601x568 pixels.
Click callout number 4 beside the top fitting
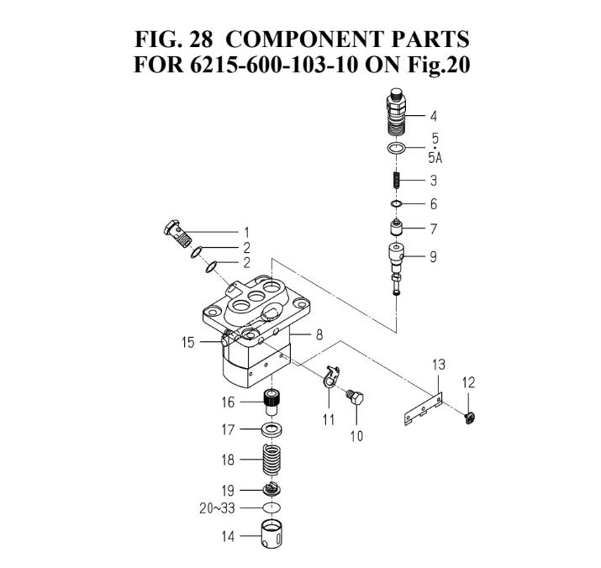[434, 116]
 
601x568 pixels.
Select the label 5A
[435, 157]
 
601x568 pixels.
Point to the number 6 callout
[434, 204]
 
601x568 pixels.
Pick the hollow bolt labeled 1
[175, 231]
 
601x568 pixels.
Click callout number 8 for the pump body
[319, 334]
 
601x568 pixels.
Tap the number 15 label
[188, 342]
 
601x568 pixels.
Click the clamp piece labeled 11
[329, 376]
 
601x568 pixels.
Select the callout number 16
[229, 402]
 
